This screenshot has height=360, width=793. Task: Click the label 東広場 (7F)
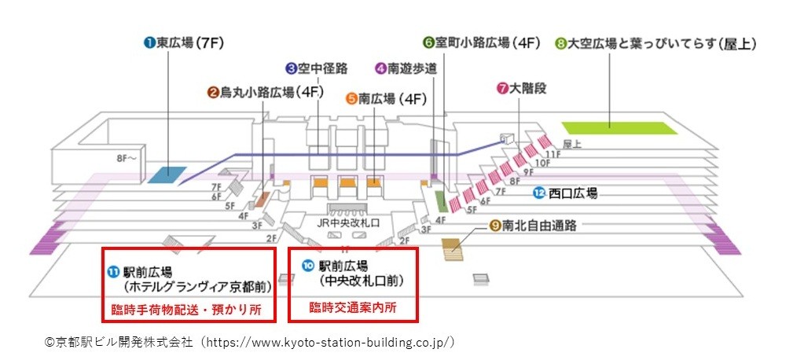point(184,43)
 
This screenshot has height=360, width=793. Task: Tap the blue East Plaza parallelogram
point(167,174)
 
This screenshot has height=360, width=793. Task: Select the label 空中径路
point(317,68)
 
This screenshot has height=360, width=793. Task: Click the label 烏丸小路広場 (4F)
point(265,93)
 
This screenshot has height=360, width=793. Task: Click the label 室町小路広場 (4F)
point(482,43)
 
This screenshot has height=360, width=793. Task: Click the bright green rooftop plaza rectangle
point(619,128)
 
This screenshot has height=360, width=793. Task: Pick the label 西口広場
point(566,193)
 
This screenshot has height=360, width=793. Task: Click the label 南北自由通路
point(533,226)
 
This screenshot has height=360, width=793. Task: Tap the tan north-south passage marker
point(453,249)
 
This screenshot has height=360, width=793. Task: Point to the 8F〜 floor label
point(127,156)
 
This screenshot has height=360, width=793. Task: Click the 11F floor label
point(556,153)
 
